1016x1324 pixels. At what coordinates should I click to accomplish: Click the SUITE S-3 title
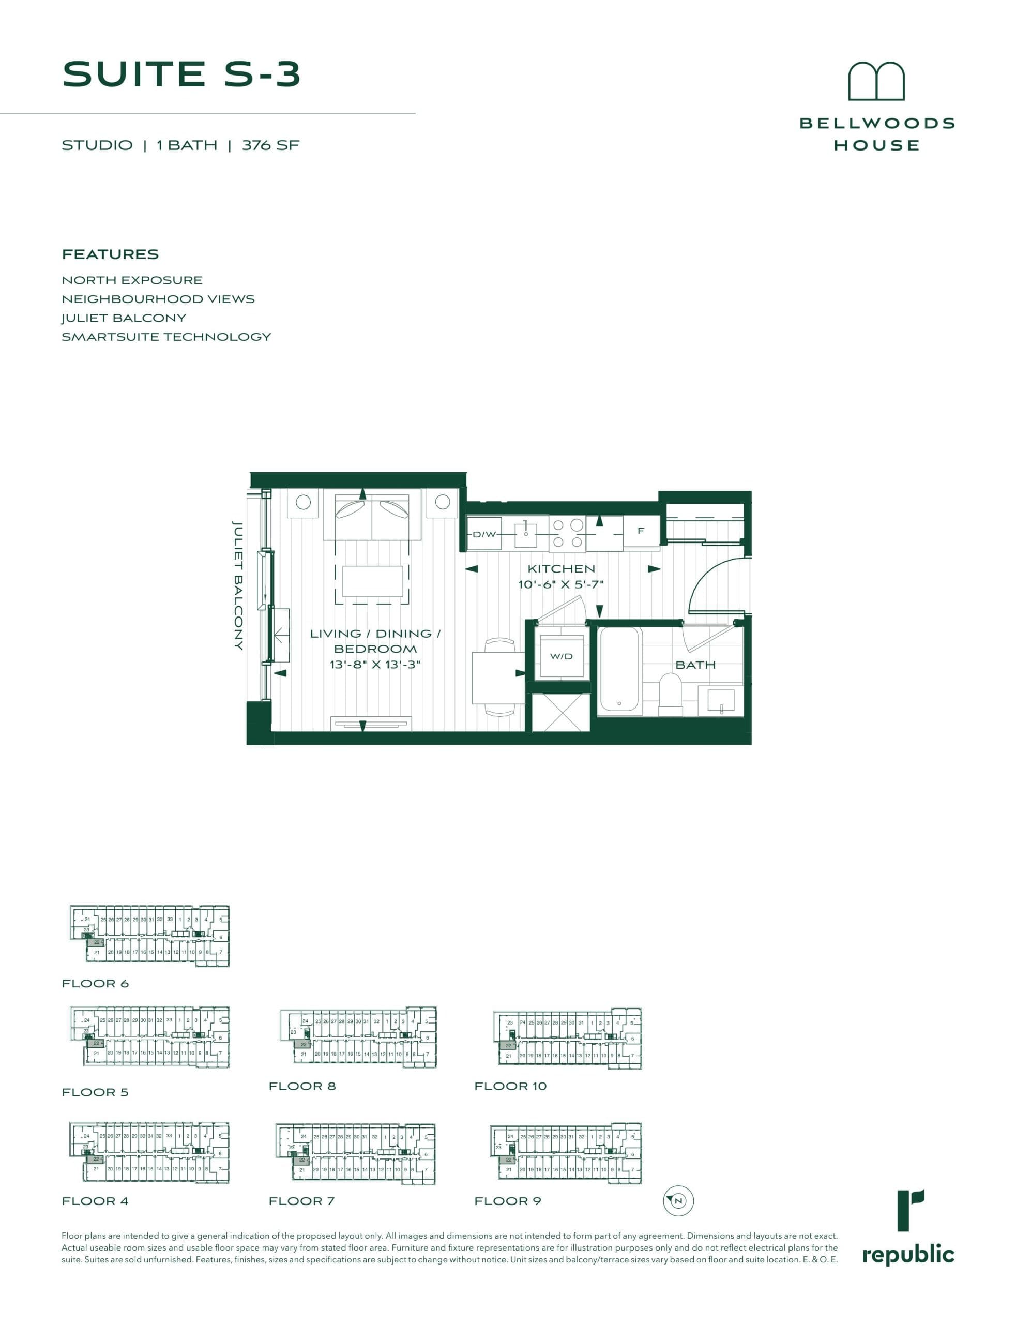click(181, 74)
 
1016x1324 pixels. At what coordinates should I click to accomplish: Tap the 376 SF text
click(270, 145)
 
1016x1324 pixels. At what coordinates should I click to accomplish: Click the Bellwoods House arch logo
click(876, 81)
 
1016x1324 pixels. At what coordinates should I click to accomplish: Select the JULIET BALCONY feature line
click(124, 318)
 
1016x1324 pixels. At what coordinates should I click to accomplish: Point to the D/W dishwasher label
click(484, 534)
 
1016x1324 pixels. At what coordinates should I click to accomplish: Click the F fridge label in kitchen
click(641, 531)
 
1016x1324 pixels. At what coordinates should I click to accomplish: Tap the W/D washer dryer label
click(561, 656)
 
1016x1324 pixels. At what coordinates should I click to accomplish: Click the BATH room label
click(695, 665)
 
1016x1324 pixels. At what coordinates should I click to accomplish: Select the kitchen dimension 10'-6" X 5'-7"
click(560, 584)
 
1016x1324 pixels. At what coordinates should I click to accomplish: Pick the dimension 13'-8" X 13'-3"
click(375, 665)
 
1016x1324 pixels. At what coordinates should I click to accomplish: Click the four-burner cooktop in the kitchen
click(567, 533)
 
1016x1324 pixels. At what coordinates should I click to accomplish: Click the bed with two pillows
click(372, 515)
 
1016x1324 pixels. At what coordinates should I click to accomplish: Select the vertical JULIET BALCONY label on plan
click(238, 585)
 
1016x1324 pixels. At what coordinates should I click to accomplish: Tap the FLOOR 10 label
click(510, 1086)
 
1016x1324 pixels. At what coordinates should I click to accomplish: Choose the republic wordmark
click(908, 1255)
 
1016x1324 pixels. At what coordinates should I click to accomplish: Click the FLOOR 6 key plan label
click(96, 984)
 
